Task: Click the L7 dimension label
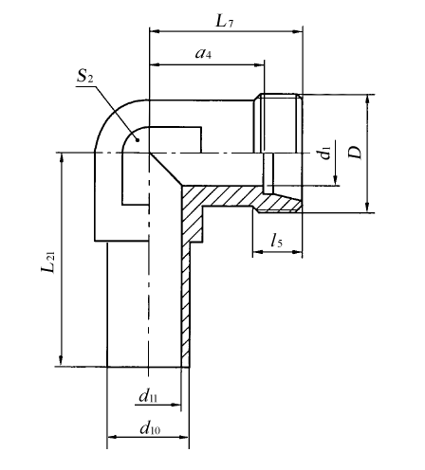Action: point(224,22)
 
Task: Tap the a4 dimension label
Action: point(203,53)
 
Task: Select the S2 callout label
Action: point(85,76)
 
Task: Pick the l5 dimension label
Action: point(277,240)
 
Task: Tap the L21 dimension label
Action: point(48,262)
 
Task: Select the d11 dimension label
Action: point(148,396)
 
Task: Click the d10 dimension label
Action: point(150,428)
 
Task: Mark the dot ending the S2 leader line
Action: point(138,139)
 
